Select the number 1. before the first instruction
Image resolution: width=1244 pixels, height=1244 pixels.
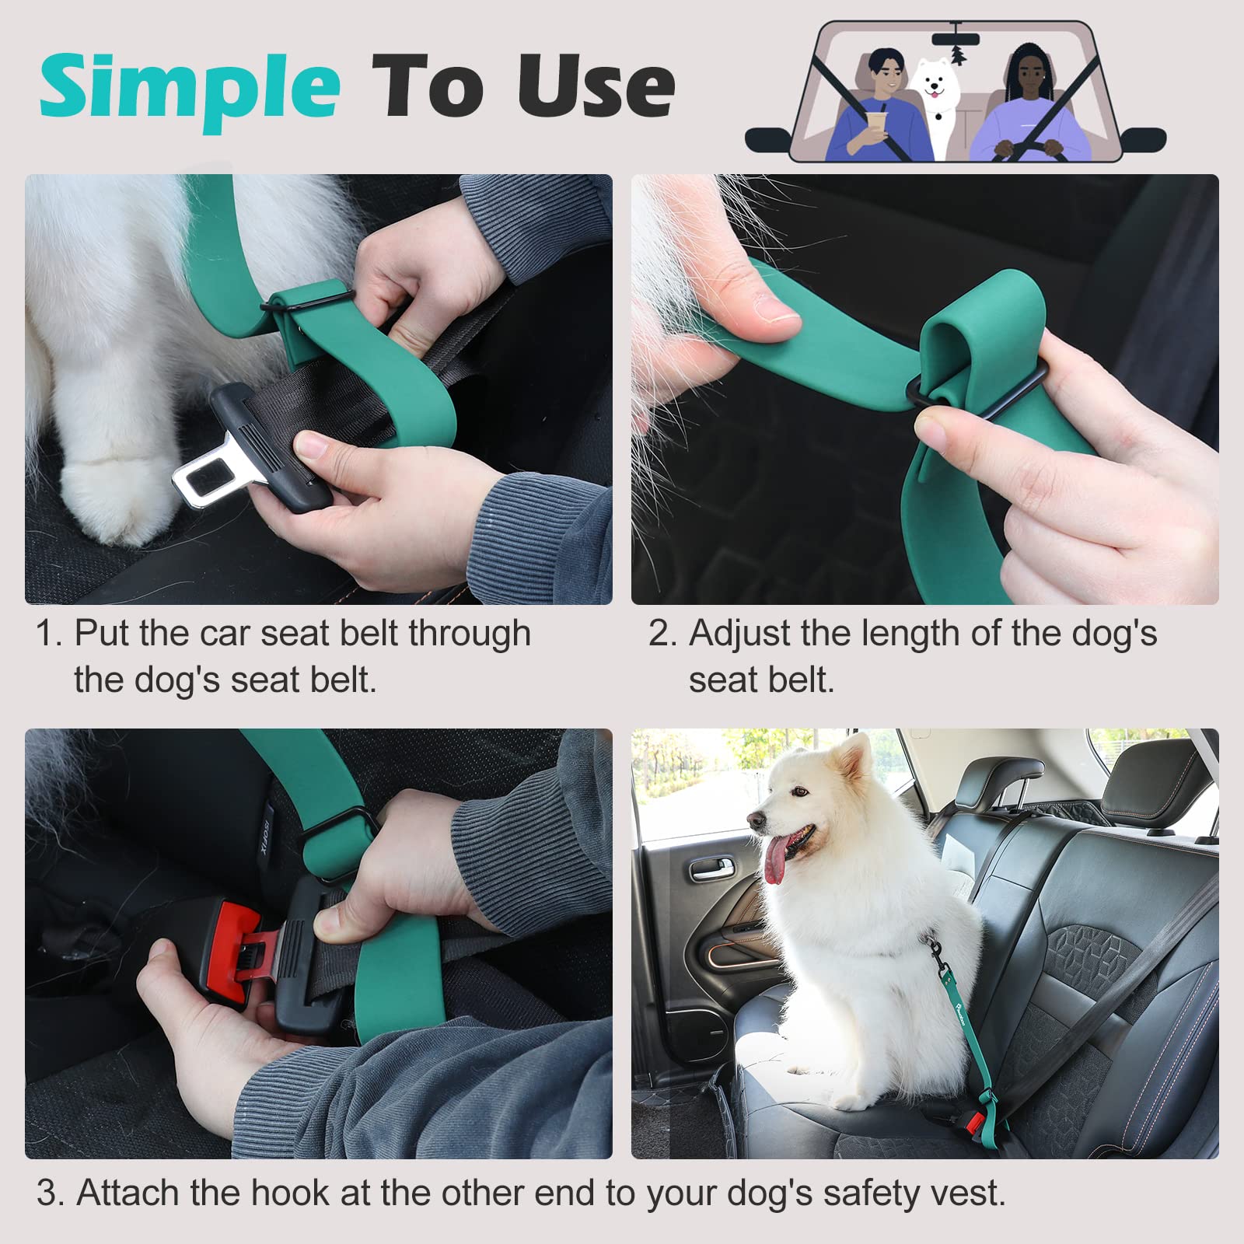coord(49,634)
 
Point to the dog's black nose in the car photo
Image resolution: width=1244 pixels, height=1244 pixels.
coord(753,821)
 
